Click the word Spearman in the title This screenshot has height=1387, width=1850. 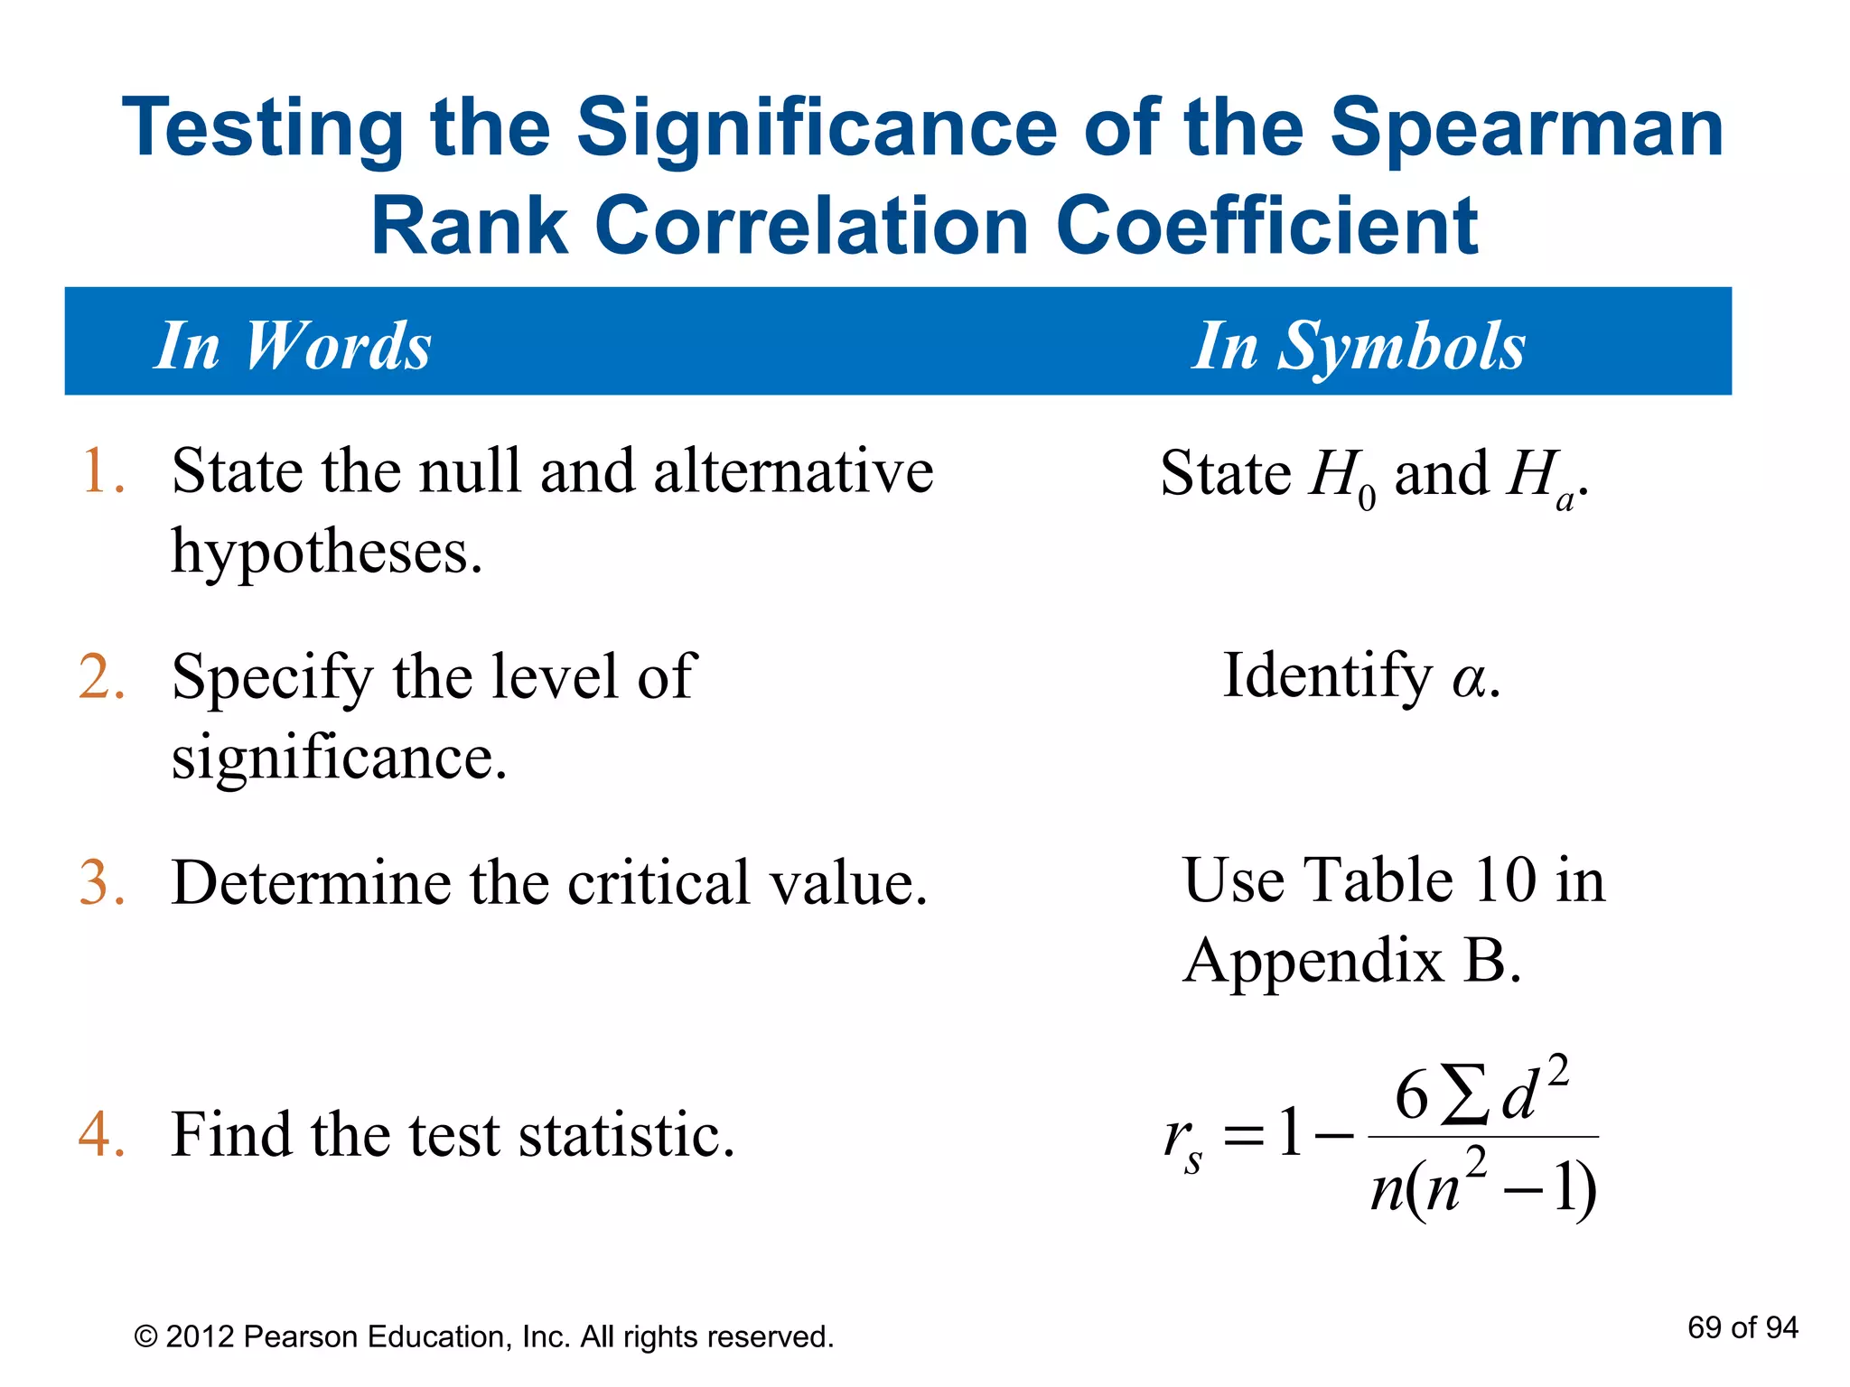pos(1527,129)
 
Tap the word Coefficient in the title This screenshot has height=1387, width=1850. pos(1266,226)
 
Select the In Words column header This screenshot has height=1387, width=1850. pos(293,346)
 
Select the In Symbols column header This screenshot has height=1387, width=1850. pos(1359,346)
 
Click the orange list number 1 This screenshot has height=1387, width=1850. pos(101,472)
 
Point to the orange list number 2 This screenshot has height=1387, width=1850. pos(101,677)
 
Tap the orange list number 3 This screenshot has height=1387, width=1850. pos(101,883)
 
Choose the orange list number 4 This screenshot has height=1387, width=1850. pos(101,1135)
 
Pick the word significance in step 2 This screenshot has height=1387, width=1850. pos(339,757)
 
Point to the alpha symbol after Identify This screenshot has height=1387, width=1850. pos(1470,679)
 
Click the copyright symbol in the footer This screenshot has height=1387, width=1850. pos(145,1336)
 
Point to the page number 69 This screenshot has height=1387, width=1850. pos(1705,1327)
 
